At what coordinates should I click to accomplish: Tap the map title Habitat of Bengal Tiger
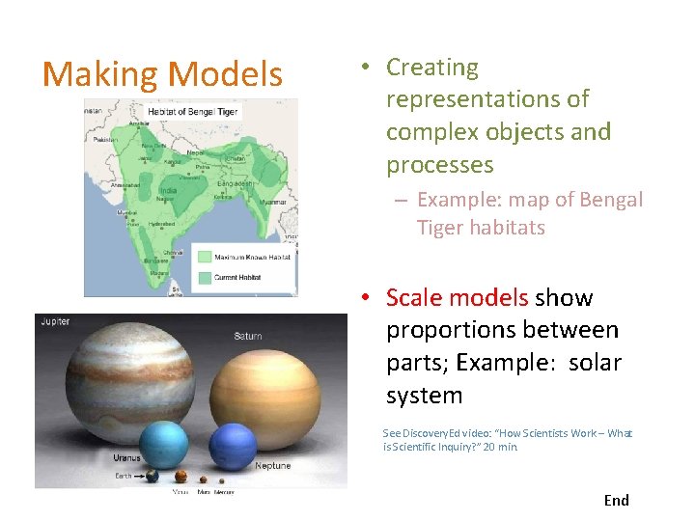coord(192,111)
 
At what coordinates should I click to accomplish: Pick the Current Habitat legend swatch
coord(204,277)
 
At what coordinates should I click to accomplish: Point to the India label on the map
coord(168,191)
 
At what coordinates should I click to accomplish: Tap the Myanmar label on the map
coord(273,202)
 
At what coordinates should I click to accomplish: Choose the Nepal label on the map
coord(195,152)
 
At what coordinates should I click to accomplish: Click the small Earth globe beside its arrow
coord(152,476)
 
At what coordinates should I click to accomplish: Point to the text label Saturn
coord(247,336)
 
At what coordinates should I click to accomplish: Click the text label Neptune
coord(273,466)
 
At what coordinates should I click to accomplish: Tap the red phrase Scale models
coord(457,297)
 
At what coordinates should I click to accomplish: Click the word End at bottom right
coord(616,500)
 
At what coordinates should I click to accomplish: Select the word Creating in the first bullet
coord(432,68)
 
